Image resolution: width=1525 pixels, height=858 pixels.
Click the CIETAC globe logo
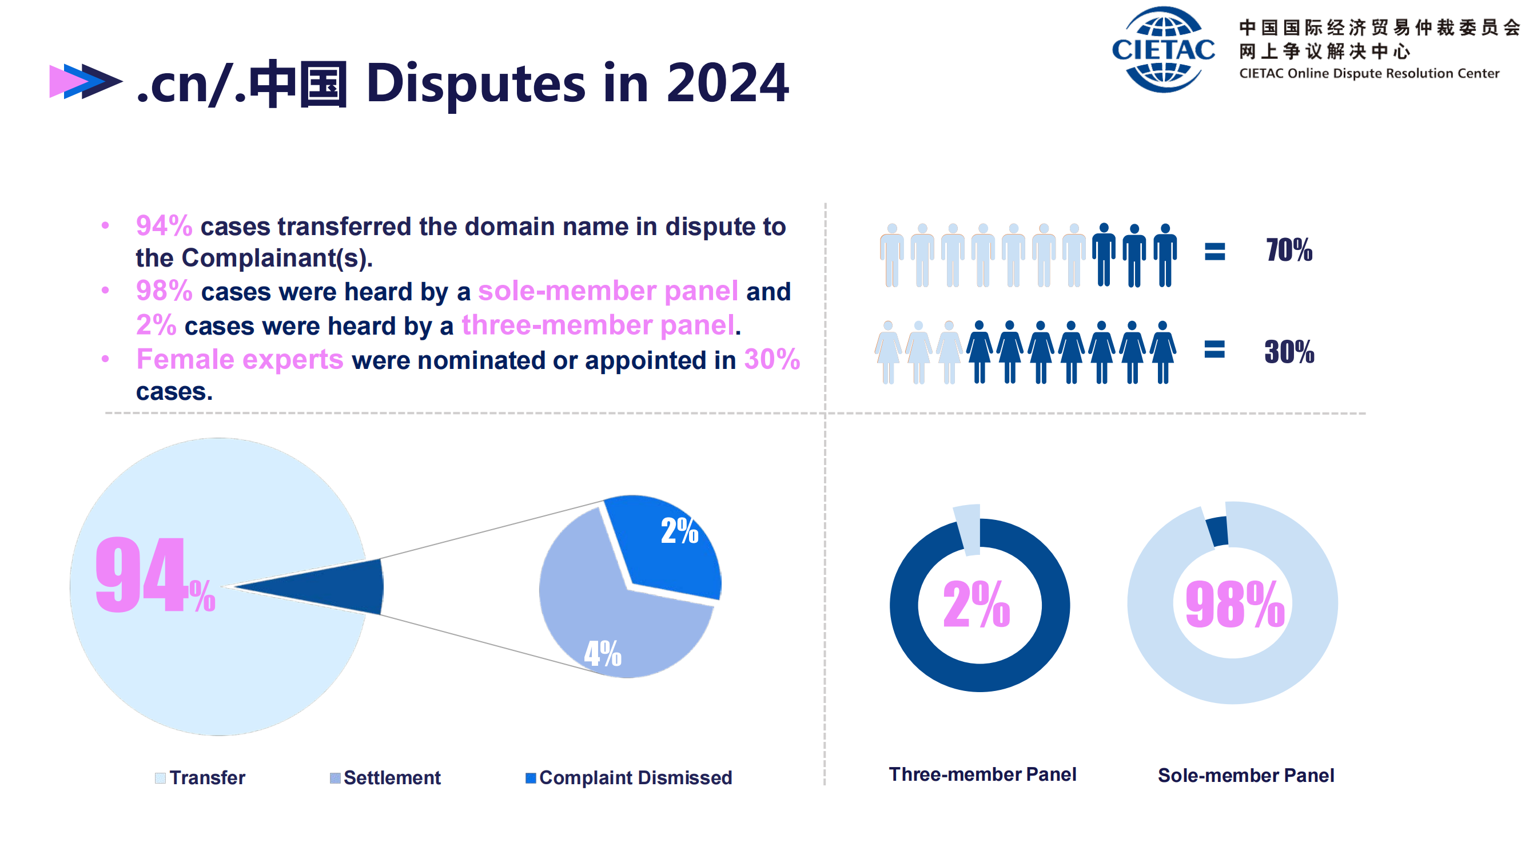(1163, 49)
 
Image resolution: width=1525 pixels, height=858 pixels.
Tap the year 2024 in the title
(727, 83)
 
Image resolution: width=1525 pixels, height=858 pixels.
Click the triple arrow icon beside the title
(86, 81)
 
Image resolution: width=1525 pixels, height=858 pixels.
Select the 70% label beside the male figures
(1289, 250)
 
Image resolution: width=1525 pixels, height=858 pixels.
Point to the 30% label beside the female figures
(1289, 352)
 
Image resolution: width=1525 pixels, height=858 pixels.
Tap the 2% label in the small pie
(679, 530)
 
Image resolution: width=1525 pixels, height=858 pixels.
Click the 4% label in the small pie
(603, 653)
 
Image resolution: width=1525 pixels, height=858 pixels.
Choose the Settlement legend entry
(385, 777)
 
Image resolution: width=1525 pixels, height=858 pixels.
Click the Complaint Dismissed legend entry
(629, 777)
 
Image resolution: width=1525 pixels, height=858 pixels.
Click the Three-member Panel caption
(983, 774)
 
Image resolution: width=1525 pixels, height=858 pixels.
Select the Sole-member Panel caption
(1246, 776)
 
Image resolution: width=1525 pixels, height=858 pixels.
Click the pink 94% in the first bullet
(164, 225)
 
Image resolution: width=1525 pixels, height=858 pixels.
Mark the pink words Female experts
(240, 359)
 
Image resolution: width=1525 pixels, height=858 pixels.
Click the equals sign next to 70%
(1215, 252)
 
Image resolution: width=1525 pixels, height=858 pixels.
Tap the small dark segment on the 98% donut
(1218, 531)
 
